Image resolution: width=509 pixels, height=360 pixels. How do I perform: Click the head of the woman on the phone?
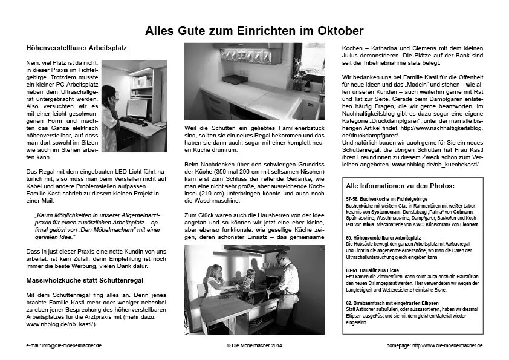pos(108,93)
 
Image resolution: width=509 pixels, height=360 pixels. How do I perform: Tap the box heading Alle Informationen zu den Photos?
pos(399,186)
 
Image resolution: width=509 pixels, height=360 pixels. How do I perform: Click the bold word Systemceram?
pos(400,212)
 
